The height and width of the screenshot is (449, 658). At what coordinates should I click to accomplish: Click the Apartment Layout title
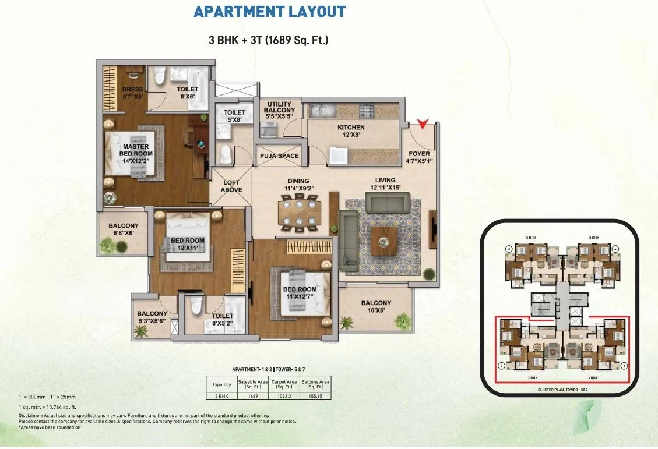[269, 12]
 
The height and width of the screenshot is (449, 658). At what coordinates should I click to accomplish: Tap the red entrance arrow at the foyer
[423, 123]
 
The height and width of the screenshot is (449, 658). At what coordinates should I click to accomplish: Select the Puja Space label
[280, 156]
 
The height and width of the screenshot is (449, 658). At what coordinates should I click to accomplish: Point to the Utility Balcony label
[280, 110]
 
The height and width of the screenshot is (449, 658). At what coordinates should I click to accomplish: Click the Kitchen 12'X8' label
[351, 131]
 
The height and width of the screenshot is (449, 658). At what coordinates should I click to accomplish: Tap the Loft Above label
[231, 186]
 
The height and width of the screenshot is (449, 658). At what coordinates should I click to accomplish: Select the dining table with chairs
[299, 213]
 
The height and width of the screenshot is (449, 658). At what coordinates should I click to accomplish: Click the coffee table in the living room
[384, 237]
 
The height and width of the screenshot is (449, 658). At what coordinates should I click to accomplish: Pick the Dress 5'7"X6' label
[133, 93]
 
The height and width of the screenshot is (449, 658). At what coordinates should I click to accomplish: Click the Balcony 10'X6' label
[376, 307]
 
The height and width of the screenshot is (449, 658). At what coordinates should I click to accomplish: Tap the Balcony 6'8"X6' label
[123, 229]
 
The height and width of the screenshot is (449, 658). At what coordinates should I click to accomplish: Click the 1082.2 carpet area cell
[285, 395]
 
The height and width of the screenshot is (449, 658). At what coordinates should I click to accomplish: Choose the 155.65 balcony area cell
[316, 395]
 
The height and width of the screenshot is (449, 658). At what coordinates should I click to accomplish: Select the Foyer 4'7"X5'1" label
[420, 158]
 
